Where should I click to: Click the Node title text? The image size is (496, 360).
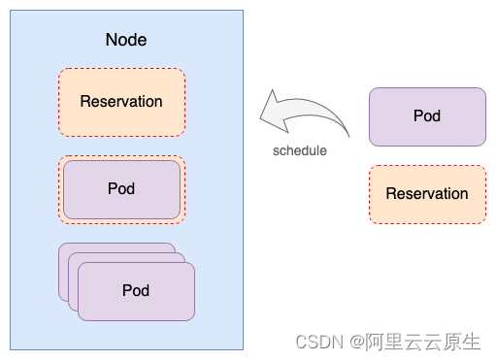125,41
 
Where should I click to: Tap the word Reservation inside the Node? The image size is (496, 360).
121,102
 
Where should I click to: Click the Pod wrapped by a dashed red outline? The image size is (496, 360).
121,189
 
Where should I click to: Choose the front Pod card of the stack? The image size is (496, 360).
136,291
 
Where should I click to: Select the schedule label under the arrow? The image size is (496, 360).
299,150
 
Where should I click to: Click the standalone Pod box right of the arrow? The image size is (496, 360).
427,116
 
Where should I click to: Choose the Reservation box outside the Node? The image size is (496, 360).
427,194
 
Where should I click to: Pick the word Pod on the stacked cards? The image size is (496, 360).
136,290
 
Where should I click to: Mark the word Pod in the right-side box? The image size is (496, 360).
427,116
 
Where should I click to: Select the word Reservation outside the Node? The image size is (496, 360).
427,194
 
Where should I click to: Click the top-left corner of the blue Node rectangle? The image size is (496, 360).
12,12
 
